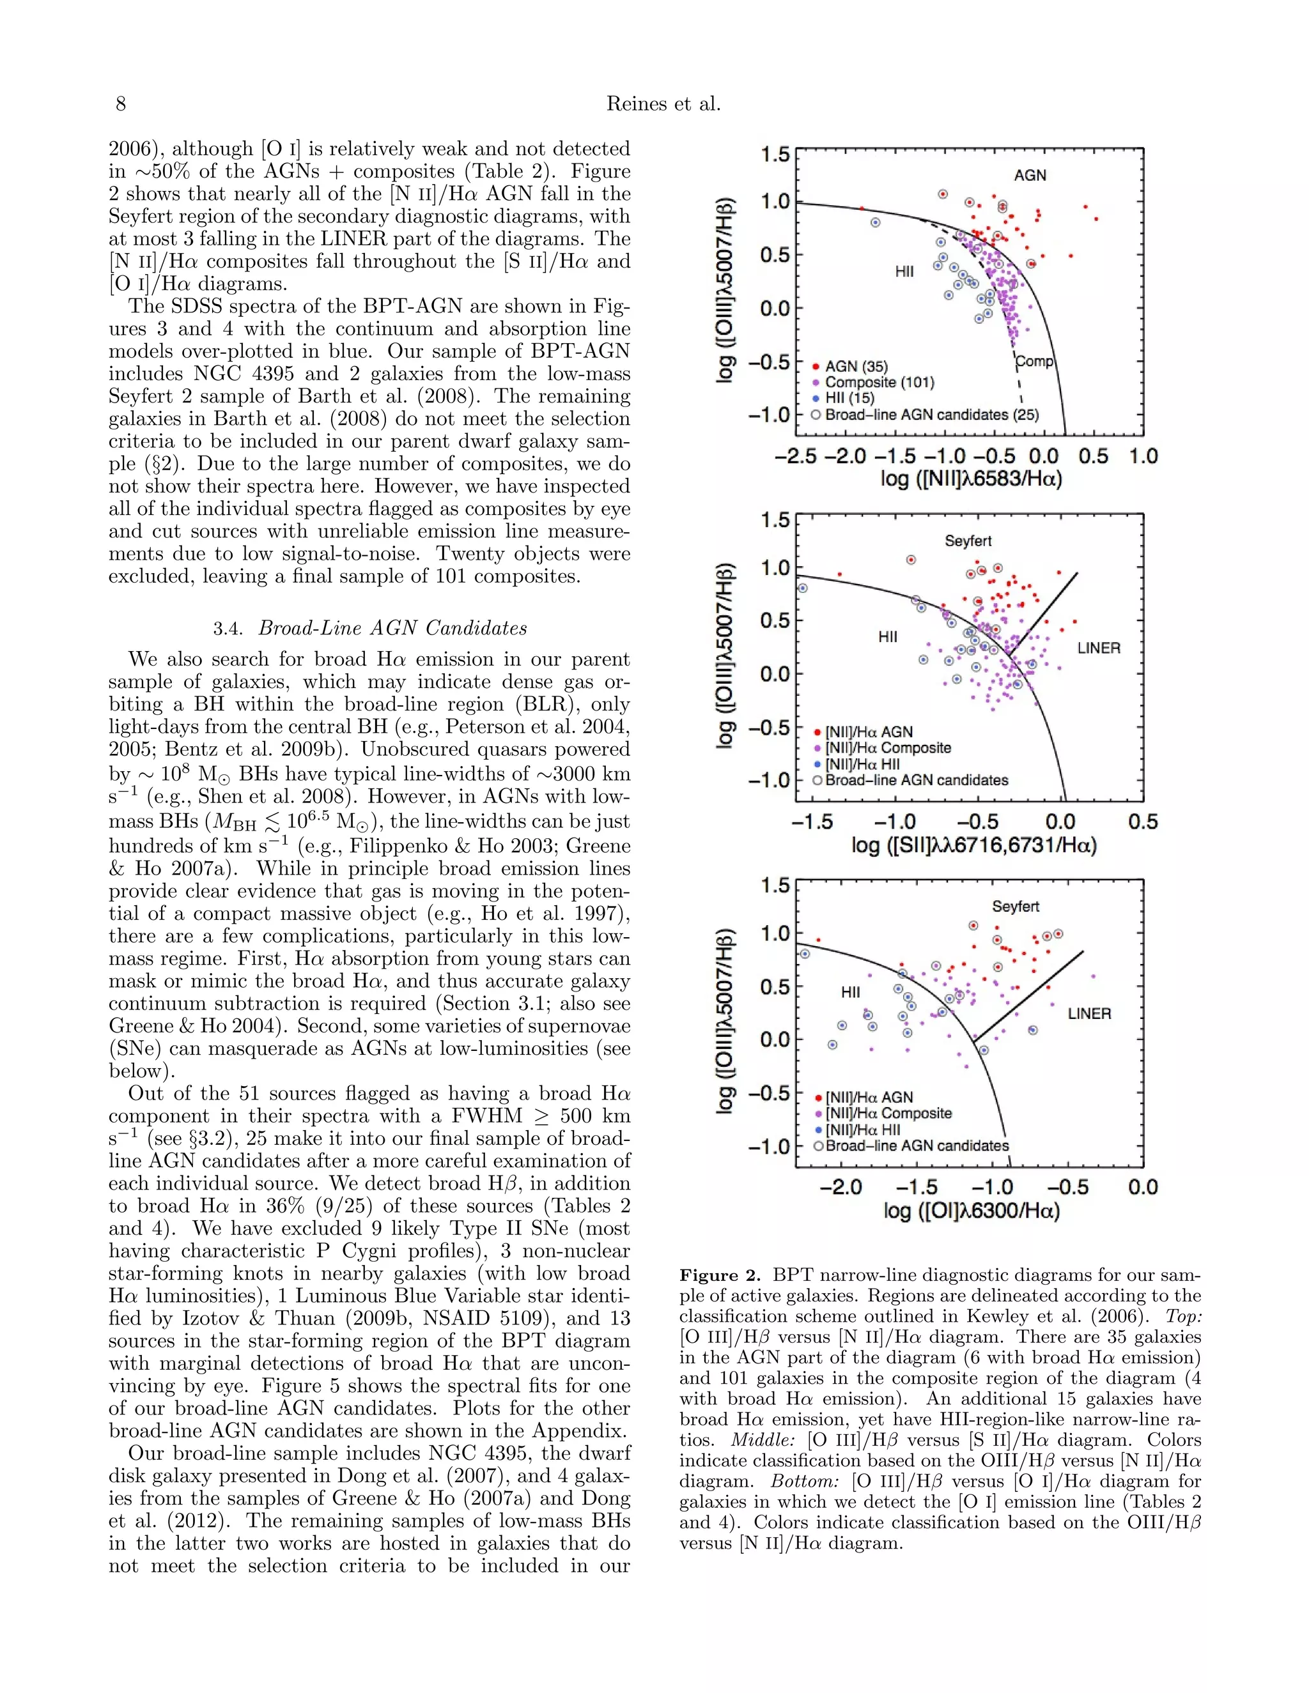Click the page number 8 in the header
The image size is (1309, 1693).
pos(120,104)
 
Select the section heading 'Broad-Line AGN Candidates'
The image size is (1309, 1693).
pos(392,628)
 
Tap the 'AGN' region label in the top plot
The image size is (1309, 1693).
pos(1030,175)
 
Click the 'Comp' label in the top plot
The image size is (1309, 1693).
pos(1035,361)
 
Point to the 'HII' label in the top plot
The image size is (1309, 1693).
pos(904,272)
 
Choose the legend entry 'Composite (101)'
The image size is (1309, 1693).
pos(879,382)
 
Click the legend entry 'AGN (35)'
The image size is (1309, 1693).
pos(856,366)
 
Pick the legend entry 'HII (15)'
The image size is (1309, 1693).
pos(849,399)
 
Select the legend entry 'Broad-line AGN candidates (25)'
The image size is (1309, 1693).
pos(931,415)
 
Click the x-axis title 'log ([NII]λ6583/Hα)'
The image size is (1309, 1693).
pos(971,480)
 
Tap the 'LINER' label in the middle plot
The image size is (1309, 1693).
pos(1098,648)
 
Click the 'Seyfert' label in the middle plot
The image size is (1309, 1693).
pos(968,541)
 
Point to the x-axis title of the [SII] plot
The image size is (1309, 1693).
pos(974,845)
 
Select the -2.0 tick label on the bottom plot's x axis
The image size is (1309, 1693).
pos(840,1188)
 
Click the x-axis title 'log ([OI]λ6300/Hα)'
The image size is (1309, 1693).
pos(971,1211)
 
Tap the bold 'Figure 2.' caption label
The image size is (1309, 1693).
pos(720,1276)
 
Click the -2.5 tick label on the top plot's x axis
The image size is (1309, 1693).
pos(795,457)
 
